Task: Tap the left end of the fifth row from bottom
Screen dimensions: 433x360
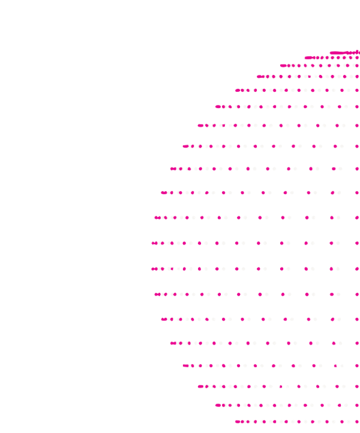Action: pyautogui.click(x=172, y=344)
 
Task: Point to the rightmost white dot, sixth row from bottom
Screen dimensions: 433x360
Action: pyautogui.click(x=338, y=319)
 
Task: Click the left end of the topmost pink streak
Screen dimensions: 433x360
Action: pyautogui.click(x=331, y=53)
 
